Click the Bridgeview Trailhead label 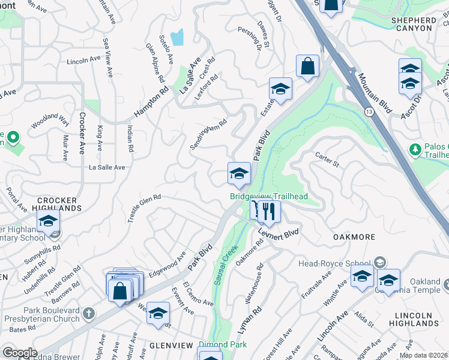click(268, 196)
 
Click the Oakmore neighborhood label click(354, 237)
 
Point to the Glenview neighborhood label click(170, 346)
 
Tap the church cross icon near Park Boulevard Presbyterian click(88, 313)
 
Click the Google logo click(19, 352)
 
